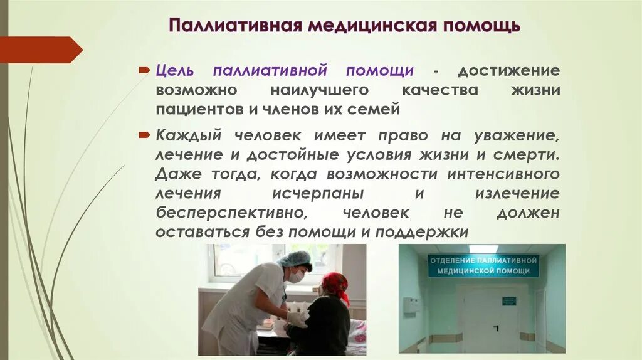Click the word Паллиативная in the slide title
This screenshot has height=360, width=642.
tap(231, 26)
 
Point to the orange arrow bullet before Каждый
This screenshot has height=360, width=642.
tap(144, 134)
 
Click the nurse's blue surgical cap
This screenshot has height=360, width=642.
tap(294, 258)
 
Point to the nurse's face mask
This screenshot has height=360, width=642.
tap(296, 275)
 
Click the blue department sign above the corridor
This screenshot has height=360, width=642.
tap(483, 265)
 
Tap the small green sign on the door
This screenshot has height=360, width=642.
tap(508, 301)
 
